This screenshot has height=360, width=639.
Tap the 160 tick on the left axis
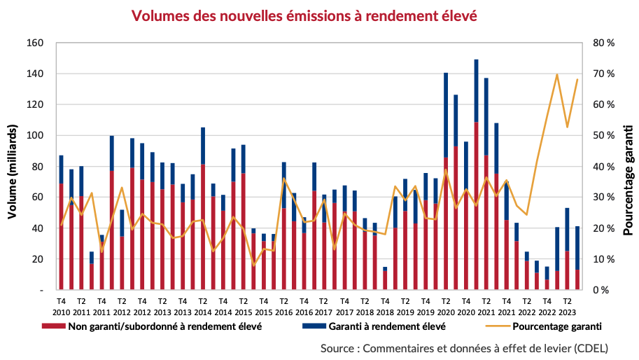[36, 43]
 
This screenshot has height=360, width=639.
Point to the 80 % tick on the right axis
[603, 43]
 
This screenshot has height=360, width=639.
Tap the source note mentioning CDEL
[464, 348]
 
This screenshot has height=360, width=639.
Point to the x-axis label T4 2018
[384, 307]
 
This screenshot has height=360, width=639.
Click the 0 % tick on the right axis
[604, 290]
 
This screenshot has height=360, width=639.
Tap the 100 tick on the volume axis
[36, 135]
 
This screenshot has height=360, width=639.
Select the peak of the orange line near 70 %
[556, 74]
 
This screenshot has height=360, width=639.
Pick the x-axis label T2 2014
[202, 307]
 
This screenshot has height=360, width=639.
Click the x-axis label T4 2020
[465, 307]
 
